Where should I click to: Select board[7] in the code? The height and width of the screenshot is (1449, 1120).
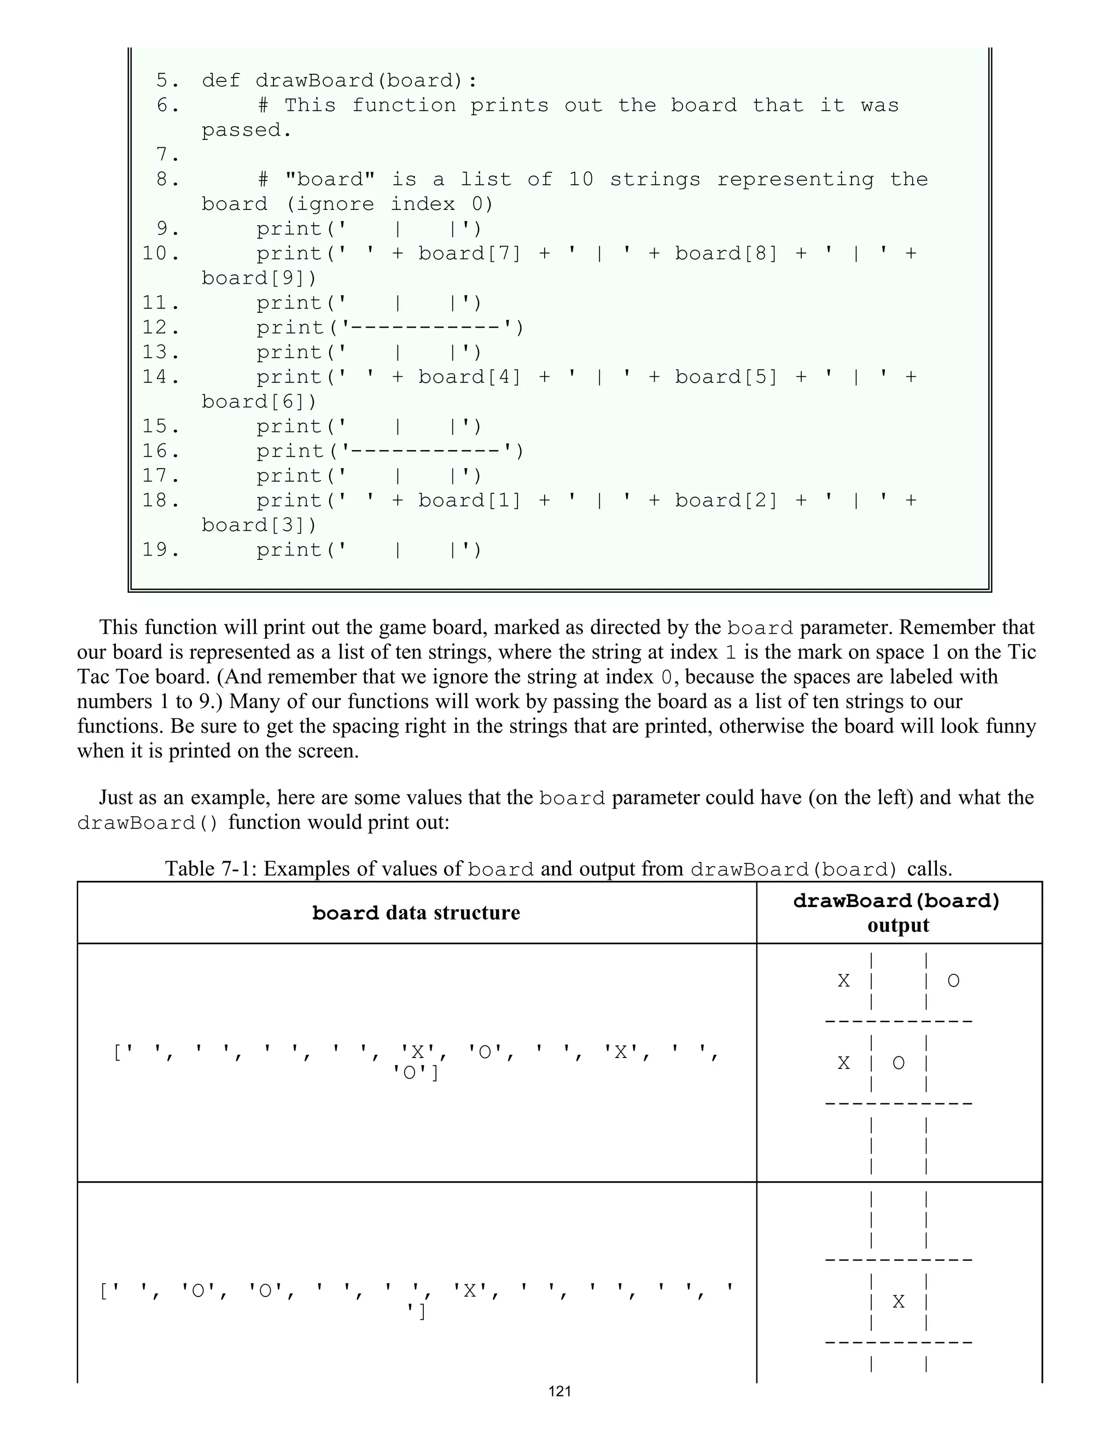(469, 254)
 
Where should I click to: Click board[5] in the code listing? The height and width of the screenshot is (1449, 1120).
(726, 377)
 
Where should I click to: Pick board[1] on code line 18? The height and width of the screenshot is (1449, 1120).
(469, 501)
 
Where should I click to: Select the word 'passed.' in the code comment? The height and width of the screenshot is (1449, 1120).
(247, 131)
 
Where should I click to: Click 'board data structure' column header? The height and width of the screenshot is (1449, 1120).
(416, 914)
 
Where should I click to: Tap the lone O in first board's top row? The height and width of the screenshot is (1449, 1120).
(953, 980)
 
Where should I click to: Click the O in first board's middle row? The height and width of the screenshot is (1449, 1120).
(899, 1064)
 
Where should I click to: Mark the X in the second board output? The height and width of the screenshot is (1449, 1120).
(899, 1302)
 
